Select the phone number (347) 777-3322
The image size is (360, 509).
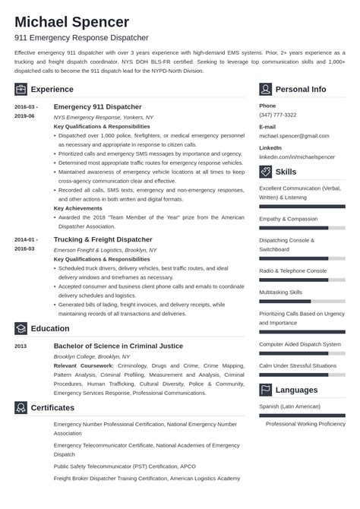point(278,114)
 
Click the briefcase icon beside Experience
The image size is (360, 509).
point(21,89)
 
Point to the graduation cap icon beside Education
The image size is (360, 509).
point(21,329)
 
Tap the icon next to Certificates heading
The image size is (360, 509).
point(21,408)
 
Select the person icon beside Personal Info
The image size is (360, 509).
point(266,89)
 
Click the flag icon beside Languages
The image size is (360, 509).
point(266,390)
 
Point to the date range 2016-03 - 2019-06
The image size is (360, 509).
point(25,112)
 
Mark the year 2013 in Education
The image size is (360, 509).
point(21,346)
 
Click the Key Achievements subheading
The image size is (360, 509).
point(79,207)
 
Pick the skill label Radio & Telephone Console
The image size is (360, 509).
point(293,270)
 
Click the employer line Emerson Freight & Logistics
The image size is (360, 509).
point(106,249)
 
